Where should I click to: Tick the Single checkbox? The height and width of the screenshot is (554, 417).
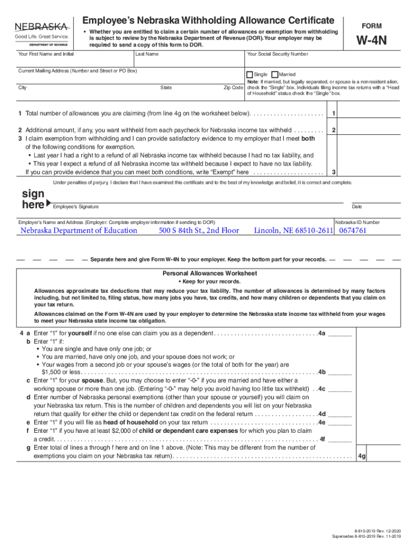coord(249,74)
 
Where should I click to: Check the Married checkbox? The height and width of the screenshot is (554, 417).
coord(275,74)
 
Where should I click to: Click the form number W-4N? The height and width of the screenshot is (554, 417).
coord(370,41)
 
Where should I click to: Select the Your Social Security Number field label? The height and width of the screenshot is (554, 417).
coord(277,54)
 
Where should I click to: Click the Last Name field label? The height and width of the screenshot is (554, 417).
coord(147,54)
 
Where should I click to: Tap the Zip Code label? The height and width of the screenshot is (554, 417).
coord(233,88)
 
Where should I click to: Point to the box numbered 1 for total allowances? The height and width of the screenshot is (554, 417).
coord(334,113)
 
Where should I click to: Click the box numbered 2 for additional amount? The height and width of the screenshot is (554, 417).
coord(334,130)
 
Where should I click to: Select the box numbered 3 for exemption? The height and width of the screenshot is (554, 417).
coord(334,172)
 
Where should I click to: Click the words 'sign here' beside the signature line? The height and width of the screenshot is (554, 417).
coord(34,200)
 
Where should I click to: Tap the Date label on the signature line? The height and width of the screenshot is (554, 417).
coord(356,207)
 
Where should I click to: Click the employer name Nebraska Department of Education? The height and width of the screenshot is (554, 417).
coord(79,230)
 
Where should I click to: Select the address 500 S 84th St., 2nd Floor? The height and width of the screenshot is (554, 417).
coord(199,230)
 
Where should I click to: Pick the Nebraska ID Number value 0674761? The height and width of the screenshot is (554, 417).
coord(353,230)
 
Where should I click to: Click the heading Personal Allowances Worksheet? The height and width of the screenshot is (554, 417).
coord(210,273)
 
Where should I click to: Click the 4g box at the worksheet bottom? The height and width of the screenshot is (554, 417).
coord(362,456)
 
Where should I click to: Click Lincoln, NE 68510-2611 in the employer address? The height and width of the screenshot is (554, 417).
coord(293,230)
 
